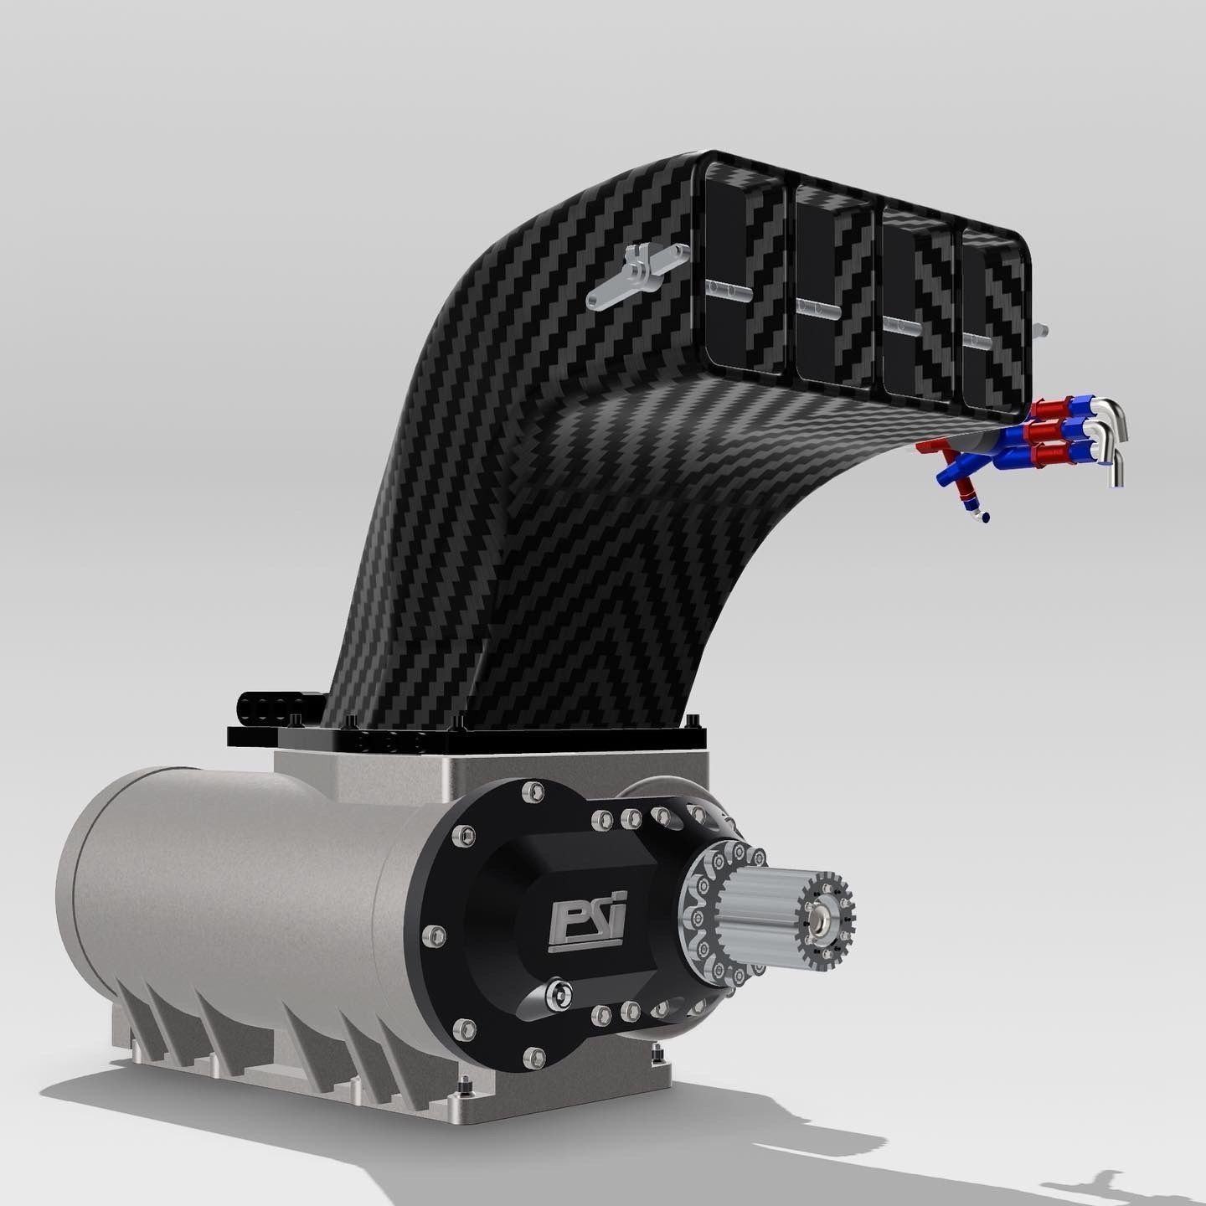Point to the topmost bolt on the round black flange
point(531,789)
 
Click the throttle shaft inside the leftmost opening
point(727,289)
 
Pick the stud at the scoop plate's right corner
point(692,719)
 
